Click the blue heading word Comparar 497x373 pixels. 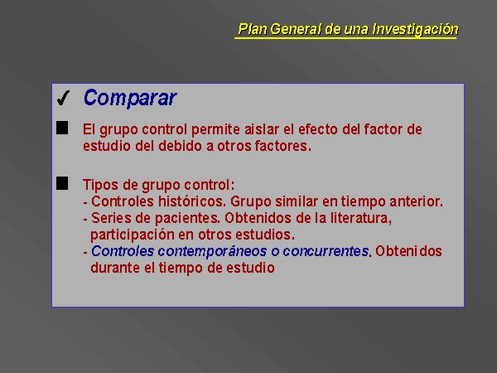(130, 98)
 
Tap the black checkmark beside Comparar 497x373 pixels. (63, 98)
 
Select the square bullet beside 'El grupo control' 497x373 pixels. (62, 128)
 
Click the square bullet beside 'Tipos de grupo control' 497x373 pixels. (62, 183)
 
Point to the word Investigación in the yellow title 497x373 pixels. (415, 29)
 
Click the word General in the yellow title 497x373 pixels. (297, 29)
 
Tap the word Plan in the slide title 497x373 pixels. (253, 29)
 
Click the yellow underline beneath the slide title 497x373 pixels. (345, 38)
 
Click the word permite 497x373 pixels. (215, 130)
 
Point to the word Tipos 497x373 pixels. (100, 185)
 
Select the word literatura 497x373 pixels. (361, 218)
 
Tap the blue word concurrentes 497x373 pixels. (326, 251)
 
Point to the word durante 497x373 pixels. (115, 268)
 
